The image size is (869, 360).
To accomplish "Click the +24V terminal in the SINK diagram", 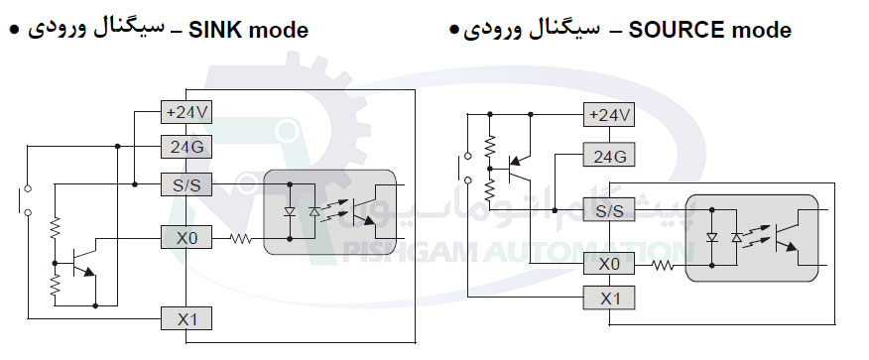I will pos(186,112).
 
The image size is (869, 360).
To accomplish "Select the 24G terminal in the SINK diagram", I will pos(186,147).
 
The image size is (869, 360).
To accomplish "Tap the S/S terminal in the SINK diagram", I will pos(186,183).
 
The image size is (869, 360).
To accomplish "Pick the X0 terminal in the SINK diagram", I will pos(186,238).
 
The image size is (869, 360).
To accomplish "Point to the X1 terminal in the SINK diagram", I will pos(186,317).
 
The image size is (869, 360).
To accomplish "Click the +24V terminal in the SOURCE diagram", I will pos(609,115).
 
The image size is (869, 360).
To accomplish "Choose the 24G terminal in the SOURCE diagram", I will pos(609,156).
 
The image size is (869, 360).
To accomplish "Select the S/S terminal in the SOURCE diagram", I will pos(609,209).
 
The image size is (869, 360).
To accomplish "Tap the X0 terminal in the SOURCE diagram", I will pos(609,264).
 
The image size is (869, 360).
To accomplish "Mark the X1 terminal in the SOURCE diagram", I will pos(609,299).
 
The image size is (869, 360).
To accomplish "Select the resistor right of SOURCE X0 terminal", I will pos(662,264).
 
